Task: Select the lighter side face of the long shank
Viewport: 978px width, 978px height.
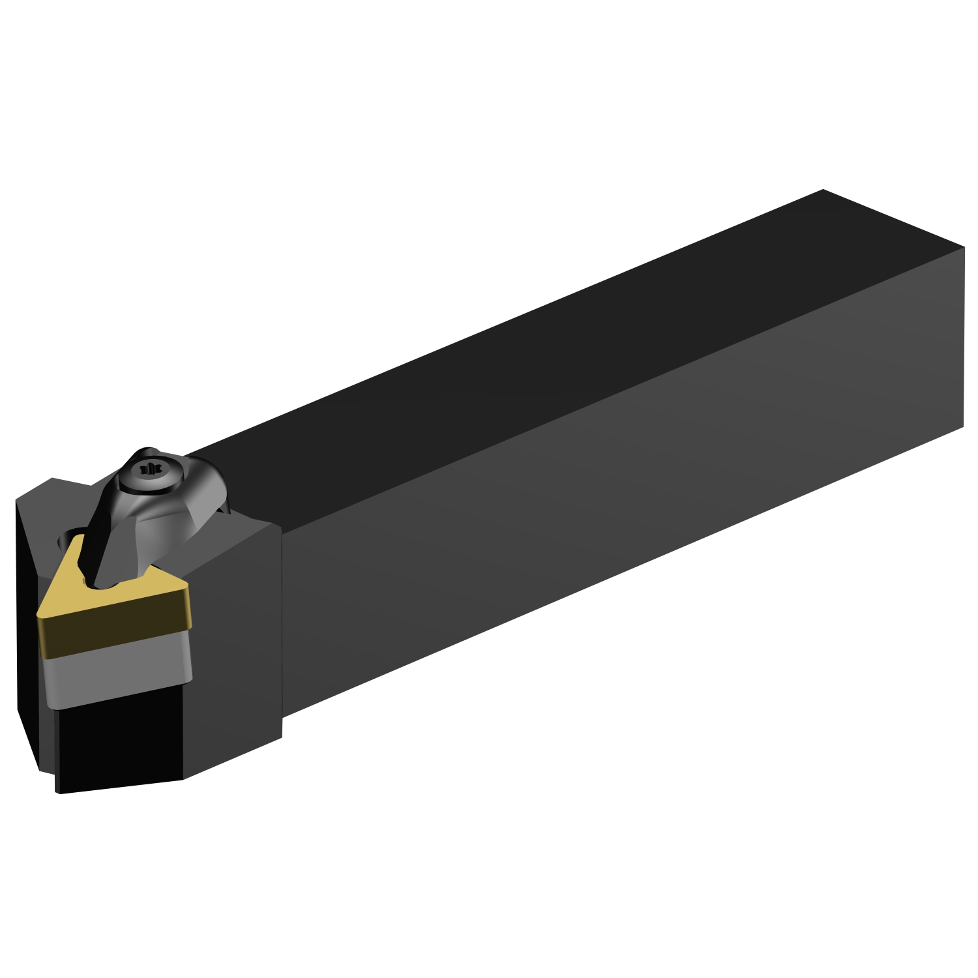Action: pyautogui.click(x=619, y=489)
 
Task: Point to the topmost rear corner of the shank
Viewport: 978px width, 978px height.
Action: pyautogui.click(x=823, y=190)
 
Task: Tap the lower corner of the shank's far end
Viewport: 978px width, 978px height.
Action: pyautogui.click(x=963, y=427)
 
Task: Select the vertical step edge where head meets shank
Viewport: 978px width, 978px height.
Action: pyautogui.click(x=282, y=626)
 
